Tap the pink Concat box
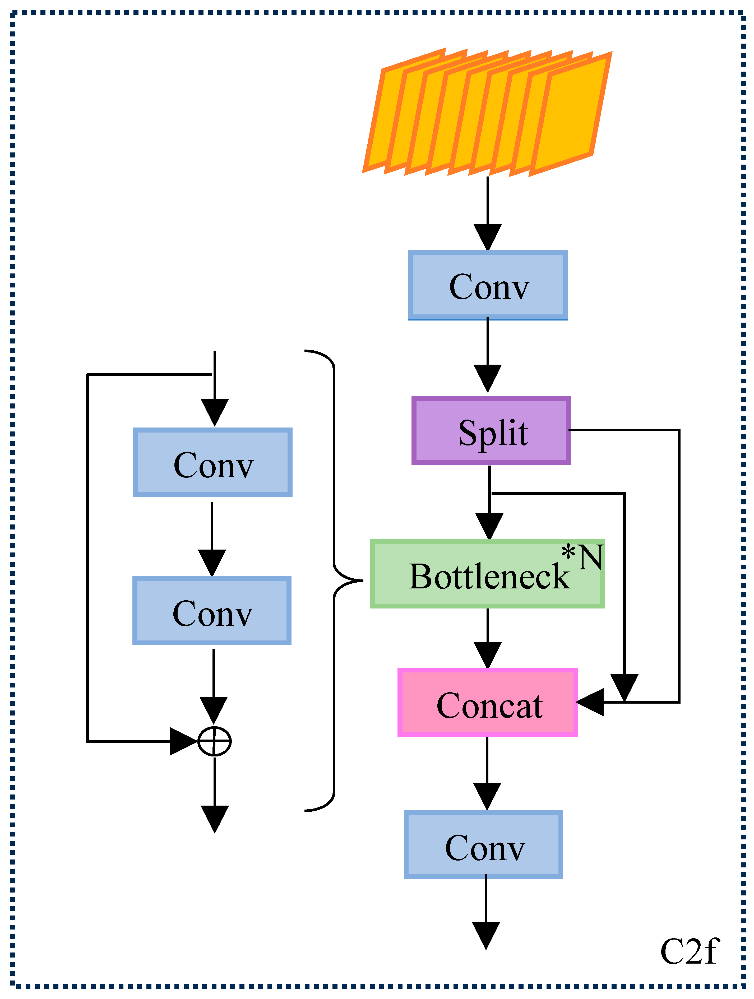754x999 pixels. point(487,702)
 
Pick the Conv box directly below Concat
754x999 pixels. point(483,844)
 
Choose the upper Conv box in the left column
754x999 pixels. point(213,462)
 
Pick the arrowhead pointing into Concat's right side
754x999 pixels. point(590,702)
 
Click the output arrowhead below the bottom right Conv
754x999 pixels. point(486,936)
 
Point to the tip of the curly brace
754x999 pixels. point(363,580)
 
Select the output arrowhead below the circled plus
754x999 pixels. point(215,819)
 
